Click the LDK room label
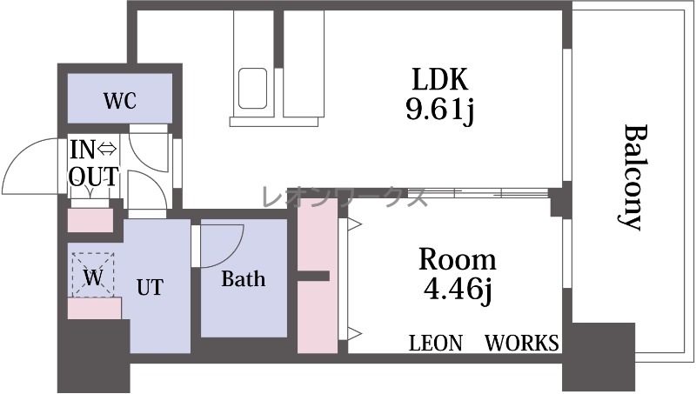click(440, 79)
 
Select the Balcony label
click(632, 177)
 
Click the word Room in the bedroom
click(458, 259)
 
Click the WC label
click(119, 101)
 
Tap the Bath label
click(244, 278)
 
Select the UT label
click(150, 287)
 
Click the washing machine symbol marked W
click(93, 274)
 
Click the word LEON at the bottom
click(436, 343)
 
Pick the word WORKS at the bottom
click(521, 343)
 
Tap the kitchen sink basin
click(253, 89)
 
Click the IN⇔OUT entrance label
click(94, 163)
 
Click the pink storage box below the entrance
click(90, 220)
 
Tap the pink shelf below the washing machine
click(95, 309)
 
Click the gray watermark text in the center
click(345, 196)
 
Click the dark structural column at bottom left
click(94, 355)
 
